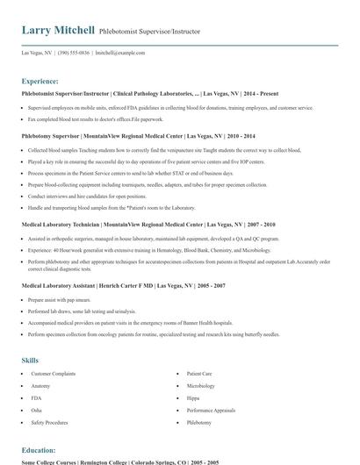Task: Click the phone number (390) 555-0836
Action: pyautogui.click(x=74, y=53)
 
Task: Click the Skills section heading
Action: pyautogui.click(x=30, y=361)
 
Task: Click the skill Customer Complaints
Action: pyautogui.click(x=52, y=374)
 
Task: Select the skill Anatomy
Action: pyautogui.click(x=40, y=386)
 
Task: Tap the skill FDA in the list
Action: pyautogui.click(x=36, y=398)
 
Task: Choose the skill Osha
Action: pyautogui.click(x=37, y=410)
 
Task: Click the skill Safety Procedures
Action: pyautogui.click(x=49, y=422)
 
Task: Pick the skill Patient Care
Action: pyautogui.click(x=200, y=374)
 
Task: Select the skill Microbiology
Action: pyautogui.click(x=201, y=386)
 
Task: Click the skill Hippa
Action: pyautogui.click(x=193, y=398)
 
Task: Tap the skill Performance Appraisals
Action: pyautogui.click(x=211, y=410)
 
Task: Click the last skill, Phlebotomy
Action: pyautogui.click(x=199, y=422)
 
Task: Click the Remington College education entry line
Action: pyautogui.click(x=119, y=461)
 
